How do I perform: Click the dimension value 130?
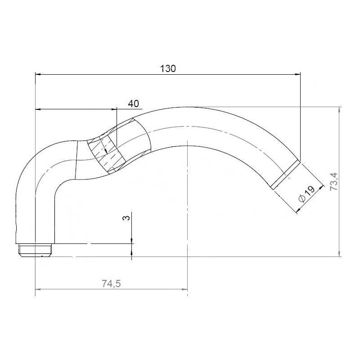pyautogui.click(x=168, y=68)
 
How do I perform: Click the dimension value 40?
pyautogui.click(x=133, y=103)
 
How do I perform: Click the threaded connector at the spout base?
pyautogui.click(x=36, y=249)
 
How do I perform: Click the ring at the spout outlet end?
pyautogui.click(x=285, y=173)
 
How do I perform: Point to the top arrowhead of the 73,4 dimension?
pyautogui.click(x=340, y=110)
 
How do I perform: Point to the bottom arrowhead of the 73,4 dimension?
pyautogui.click(x=340, y=253)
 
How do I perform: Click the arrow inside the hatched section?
pyautogui.click(x=105, y=151)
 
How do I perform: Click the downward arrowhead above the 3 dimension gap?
pyautogui.click(x=132, y=241)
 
